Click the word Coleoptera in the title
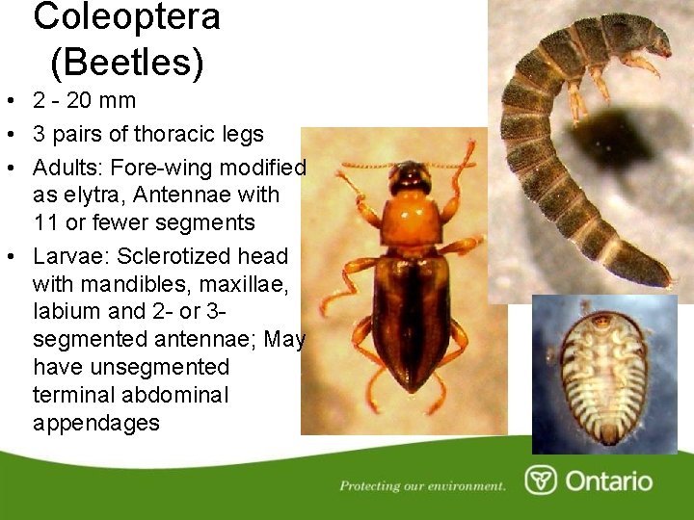pos(126,16)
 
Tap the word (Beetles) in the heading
pos(126,63)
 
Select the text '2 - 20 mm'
pos(85,100)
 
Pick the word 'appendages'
pos(95,423)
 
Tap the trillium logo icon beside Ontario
pos(541,481)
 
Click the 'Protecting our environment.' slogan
pos(422,485)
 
